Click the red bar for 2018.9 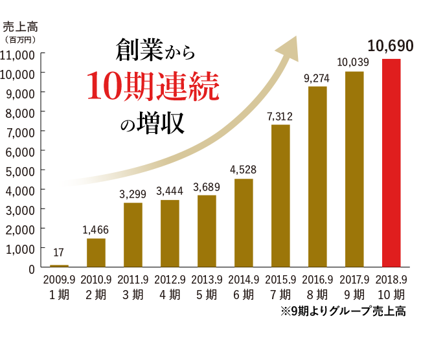coord(391,163)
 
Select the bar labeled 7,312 coord(280,196)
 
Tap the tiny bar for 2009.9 coord(59,265)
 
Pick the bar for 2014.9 coord(244,223)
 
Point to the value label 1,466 coord(96,229)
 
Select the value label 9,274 coord(317,78)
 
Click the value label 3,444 coord(170,191)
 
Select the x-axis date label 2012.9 coord(170,280)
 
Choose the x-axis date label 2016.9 coord(317,280)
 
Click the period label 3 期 coord(133,295)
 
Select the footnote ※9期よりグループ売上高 coord(343,311)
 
